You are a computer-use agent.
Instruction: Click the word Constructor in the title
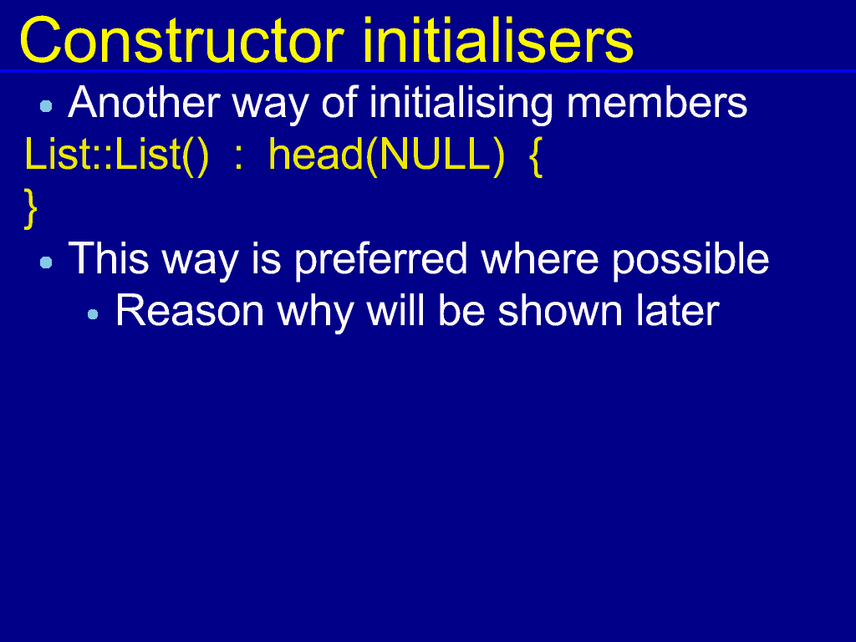pos(181,40)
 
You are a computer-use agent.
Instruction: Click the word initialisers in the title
pos(497,40)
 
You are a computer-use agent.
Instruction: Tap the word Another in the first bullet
pos(144,102)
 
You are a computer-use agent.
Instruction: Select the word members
pos(657,102)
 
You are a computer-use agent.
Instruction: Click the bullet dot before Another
pos(47,106)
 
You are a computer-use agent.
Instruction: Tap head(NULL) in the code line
pos(386,155)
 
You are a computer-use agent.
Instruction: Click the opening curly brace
pos(536,156)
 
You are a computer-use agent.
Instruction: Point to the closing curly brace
pos(31,208)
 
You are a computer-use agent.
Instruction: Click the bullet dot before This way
pos(47,263)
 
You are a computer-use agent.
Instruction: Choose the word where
pos(539,259)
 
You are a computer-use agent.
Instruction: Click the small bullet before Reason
pos(93,314)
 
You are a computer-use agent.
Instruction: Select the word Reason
pos(190,311)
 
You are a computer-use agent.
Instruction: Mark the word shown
pos(560,311)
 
